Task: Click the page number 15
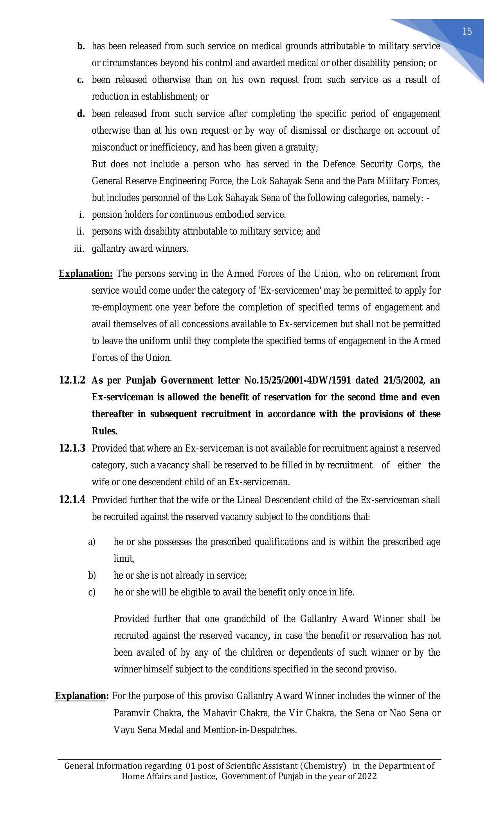467,32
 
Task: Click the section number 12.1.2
72,380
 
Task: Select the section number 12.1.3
72,448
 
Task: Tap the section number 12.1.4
72,500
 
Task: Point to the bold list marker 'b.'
81,46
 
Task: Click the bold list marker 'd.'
81,114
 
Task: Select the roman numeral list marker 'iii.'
79,249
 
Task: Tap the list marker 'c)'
92,592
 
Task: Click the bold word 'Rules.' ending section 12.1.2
104,431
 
